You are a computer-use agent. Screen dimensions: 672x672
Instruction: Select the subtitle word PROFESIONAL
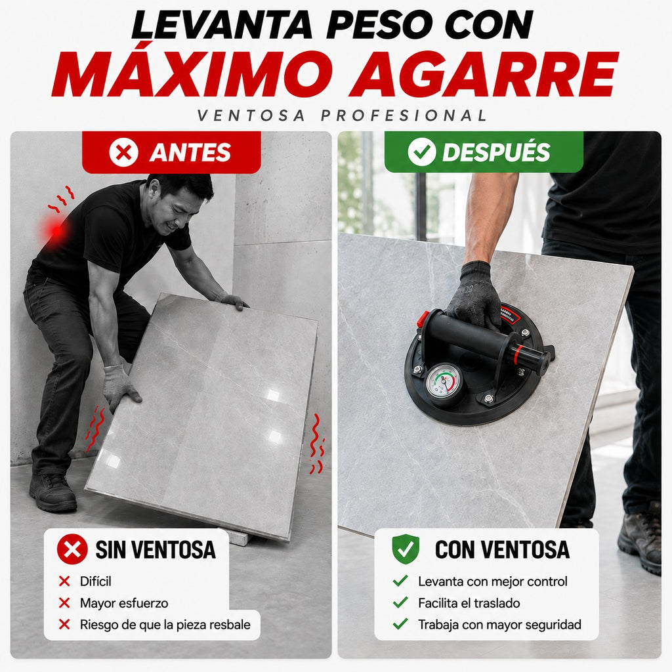(404, 115)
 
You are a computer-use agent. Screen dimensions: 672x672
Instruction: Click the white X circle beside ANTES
(124, 152)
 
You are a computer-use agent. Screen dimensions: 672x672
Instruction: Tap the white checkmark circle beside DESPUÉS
(422, 152)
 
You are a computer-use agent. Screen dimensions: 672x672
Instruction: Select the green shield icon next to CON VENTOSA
(406, 549)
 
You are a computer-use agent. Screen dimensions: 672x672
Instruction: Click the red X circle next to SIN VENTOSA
(72, 549)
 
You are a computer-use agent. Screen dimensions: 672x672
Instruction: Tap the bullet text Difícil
(96, 581)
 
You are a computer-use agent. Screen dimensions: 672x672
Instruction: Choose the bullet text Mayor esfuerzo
(124, 603)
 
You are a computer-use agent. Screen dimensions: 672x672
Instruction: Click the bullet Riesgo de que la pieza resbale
(165, 625)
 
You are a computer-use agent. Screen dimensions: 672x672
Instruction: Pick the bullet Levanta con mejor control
(493, 581)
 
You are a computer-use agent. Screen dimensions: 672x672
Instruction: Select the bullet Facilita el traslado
(469, 603)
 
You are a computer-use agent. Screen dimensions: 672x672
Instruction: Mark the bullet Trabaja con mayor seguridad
(499, 625)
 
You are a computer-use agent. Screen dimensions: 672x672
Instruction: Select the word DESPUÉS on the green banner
(496, 152)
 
